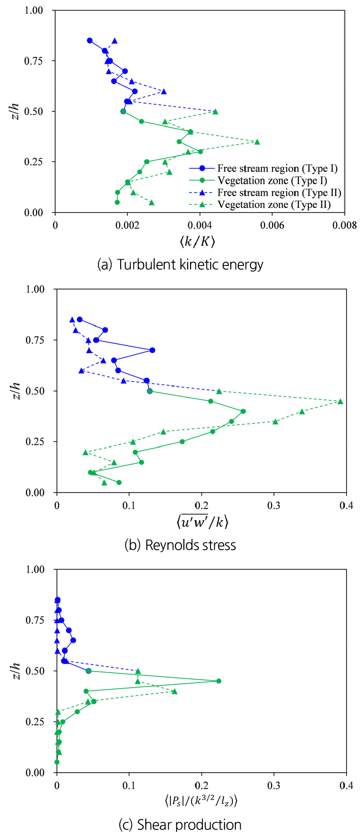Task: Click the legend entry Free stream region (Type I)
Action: point(277,168)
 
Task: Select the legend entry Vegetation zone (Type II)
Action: point(274,205)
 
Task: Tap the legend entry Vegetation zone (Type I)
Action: point(272,180)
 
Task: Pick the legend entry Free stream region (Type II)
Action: point(279,193)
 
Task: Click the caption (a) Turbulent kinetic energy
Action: point(180,265)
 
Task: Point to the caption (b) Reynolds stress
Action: point(180,545)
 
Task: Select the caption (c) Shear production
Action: point(180,824)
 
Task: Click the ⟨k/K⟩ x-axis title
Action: point(198,242)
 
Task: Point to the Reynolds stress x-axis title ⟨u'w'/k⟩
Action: point(202,521)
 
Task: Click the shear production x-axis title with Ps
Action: point(201,801)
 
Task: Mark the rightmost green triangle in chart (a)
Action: point(257,142)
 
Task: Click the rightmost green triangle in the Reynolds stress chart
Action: point(340,401)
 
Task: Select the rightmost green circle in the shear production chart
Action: point(219,681)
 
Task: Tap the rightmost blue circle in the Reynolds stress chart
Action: point(152,350)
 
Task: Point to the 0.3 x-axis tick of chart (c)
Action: point(274,786)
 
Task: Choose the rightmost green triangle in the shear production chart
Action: point(175,691)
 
